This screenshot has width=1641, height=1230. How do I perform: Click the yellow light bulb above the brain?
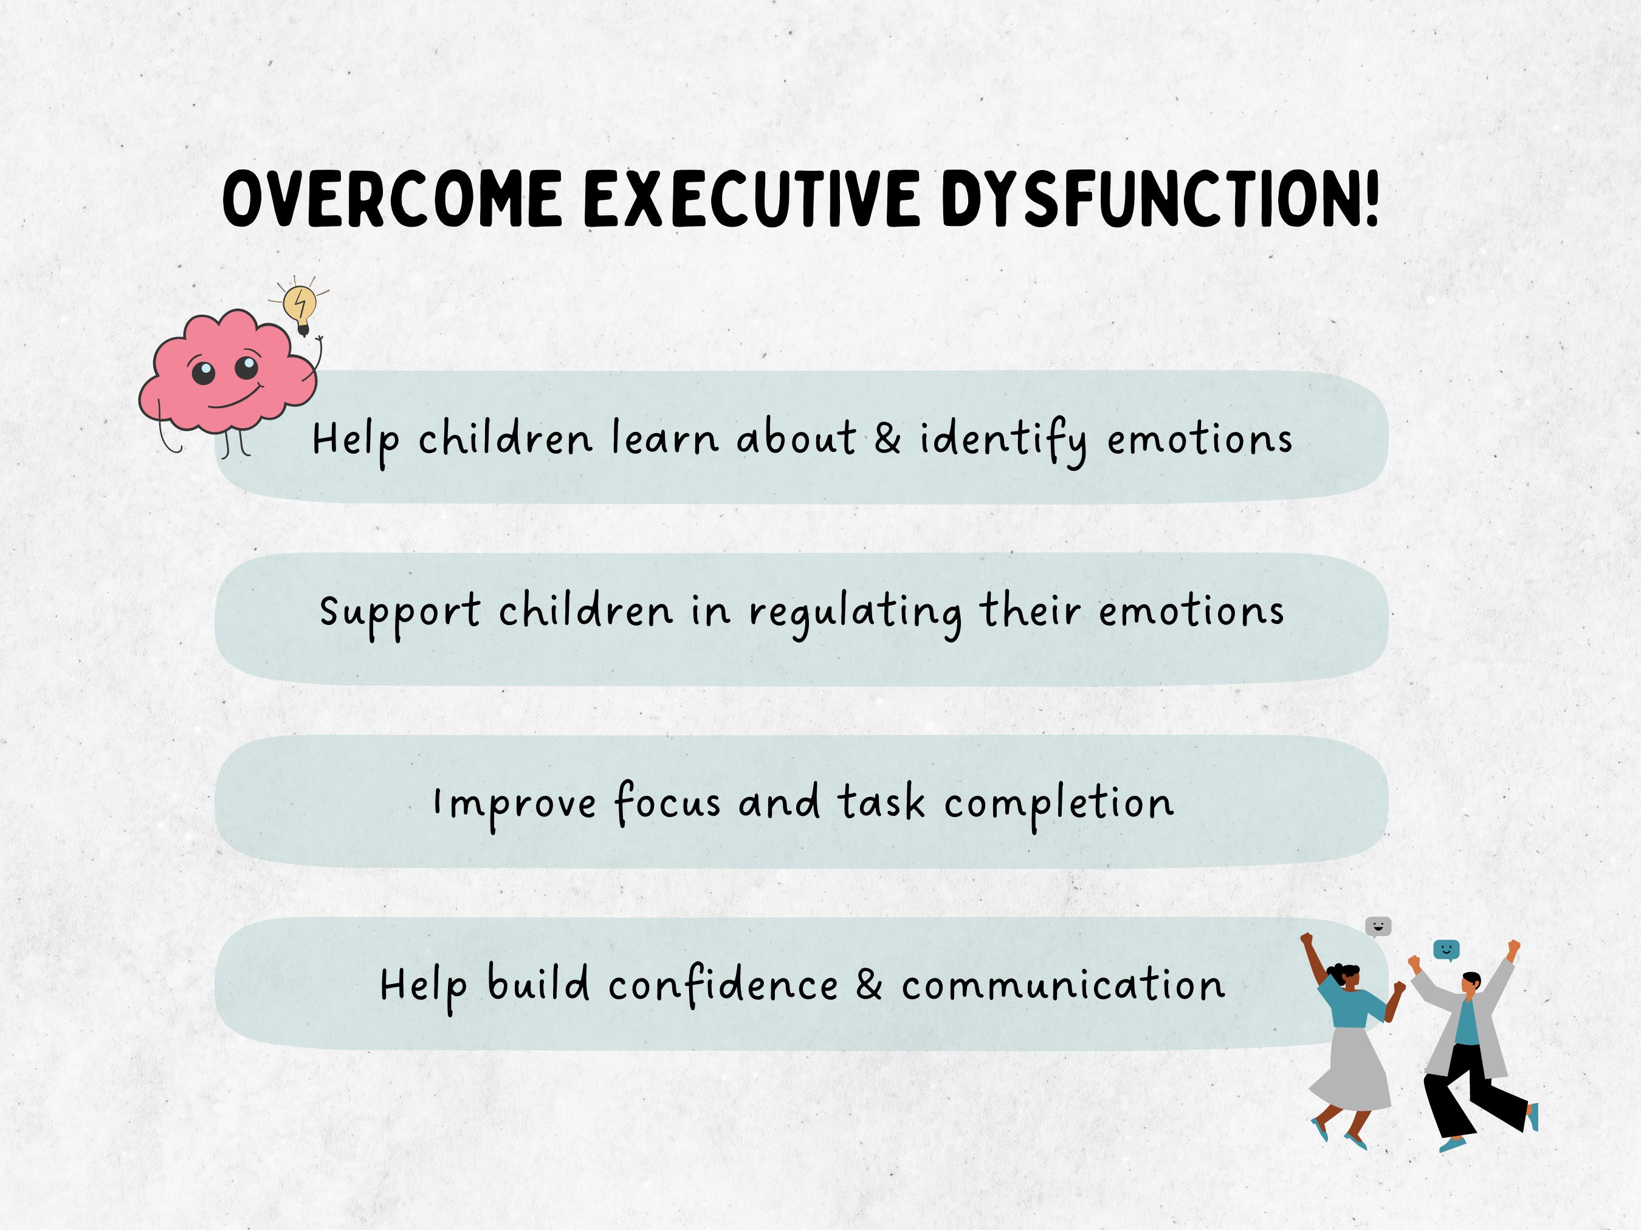click(x=300, y=306)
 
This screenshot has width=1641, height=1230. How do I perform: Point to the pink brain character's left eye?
click(x=203, y=371)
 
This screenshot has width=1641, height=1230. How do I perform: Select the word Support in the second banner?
click(x=399, y=612)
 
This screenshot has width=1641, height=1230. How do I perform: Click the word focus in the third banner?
click(x=666, y=802)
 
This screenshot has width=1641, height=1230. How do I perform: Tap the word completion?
click(x=1059, y=804)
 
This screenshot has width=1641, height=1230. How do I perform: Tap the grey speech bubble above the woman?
click(x=1378, y=926)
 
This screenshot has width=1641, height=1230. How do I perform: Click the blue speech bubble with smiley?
click(x=1446, y=948)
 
